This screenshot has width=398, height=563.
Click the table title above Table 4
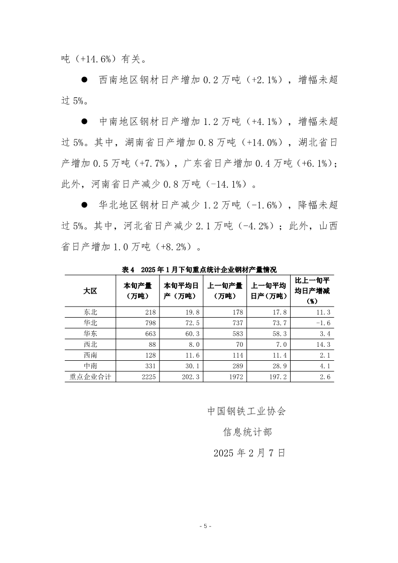click(199, 269)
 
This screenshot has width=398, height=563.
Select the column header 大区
click(90, 291)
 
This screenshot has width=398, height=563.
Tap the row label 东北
click(90, 312)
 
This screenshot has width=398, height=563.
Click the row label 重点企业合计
click(90, 376)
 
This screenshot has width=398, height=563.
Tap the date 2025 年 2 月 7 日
click(249, 453)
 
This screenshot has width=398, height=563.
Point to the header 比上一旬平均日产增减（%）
click(313, 291)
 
